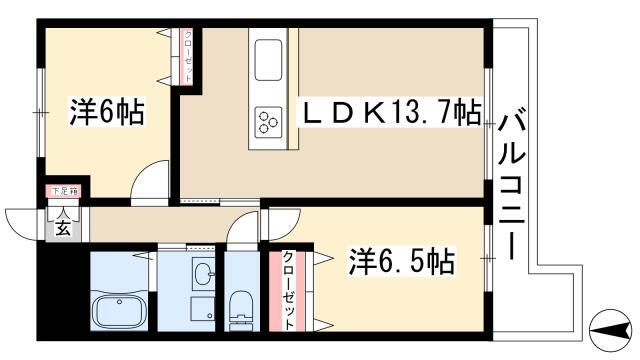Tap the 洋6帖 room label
[x=108, y=111]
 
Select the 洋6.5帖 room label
[x=401, y=263]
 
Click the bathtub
[x=121, y=309]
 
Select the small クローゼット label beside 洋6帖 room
[x=188, y=57]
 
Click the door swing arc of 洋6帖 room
[x=150, y=181]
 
